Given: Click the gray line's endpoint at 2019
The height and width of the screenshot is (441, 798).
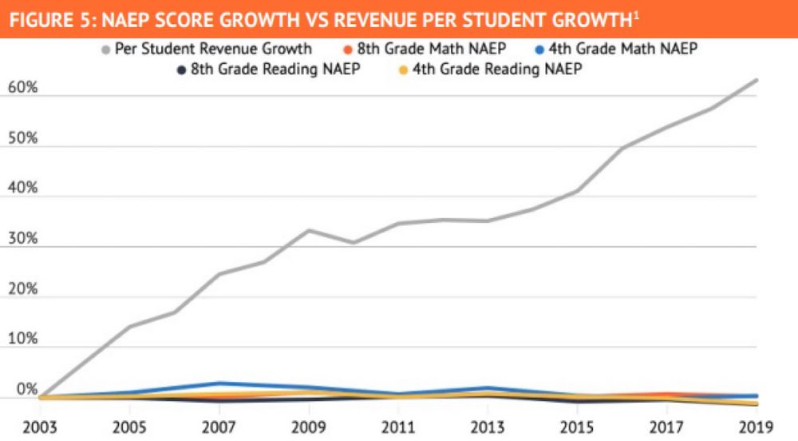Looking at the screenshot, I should (756, 80).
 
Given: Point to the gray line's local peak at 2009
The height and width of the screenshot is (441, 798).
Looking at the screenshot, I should (309, 230).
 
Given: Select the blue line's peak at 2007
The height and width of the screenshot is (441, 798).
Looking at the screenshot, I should (217, 383).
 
